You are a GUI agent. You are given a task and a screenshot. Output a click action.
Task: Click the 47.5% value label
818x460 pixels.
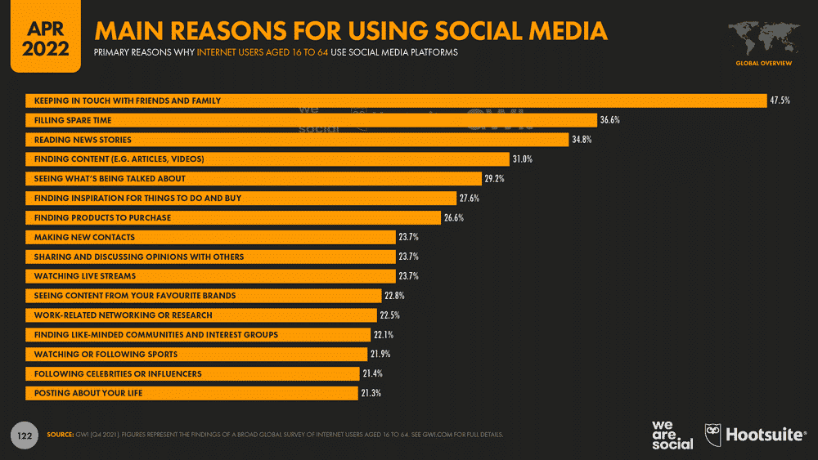[x=779, y=100]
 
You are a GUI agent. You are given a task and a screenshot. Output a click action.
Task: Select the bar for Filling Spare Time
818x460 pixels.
[x=311, y=120]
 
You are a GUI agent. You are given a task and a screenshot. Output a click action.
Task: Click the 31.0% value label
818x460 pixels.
[x=523, y=159]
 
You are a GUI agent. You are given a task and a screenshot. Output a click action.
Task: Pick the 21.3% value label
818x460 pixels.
[x=371, y=393]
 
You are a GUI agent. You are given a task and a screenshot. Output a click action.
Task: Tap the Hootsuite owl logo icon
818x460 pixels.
[x=712, y=434]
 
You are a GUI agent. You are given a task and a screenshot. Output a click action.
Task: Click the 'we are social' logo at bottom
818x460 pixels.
[x=672, y=434]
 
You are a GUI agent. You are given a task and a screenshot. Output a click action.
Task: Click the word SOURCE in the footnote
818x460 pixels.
[x=61, y=434]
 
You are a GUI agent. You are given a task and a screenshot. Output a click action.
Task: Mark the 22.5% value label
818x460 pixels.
[x=389, y=315]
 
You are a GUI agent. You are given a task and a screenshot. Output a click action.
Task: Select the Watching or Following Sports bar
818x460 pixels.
[x=196, y=354]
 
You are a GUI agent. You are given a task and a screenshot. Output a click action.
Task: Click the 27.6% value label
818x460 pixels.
[x=470, y=199]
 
